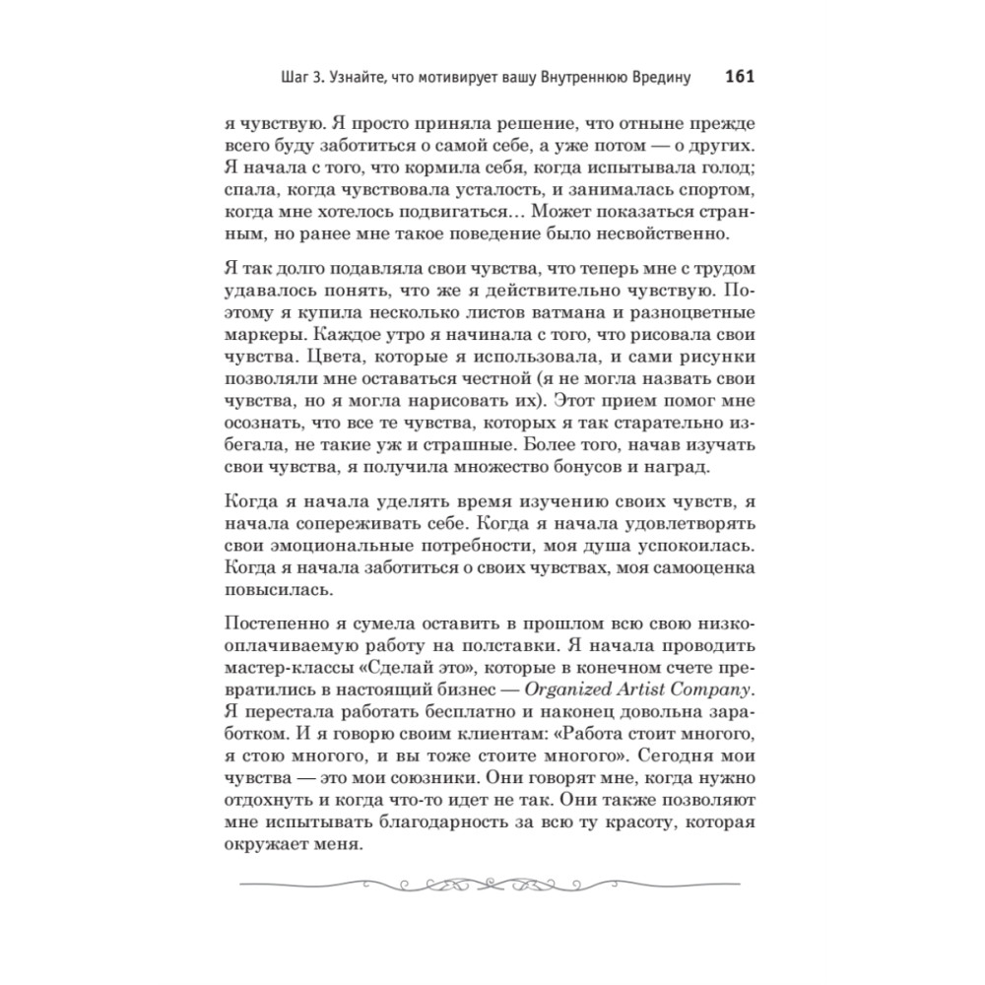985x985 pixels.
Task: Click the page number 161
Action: (739, 77)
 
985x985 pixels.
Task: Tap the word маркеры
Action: (261, 336)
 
